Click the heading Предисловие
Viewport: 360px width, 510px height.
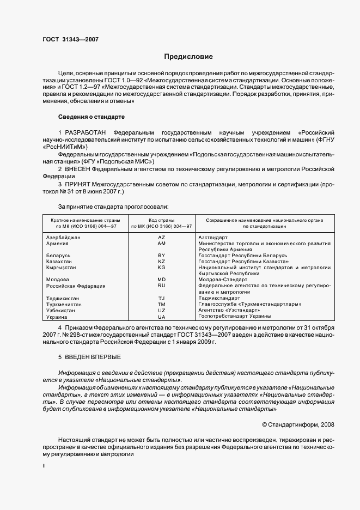click(188, 57)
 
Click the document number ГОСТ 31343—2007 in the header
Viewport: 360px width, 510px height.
click(70, 39)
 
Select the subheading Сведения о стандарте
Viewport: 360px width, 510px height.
click(91, 117)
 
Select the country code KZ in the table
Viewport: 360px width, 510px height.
click(161, 262)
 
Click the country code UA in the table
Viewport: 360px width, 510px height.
click(161, 317)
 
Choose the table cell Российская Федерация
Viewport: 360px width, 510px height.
click(76, 286)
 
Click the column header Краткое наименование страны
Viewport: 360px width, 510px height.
click(81, 220)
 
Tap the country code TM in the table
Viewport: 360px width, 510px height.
click(161, 304)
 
